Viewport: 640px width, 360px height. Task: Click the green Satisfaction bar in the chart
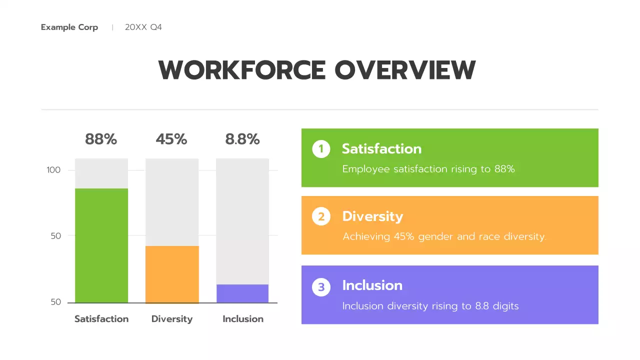click(101, 245)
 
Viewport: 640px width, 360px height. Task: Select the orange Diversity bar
click(172, 274)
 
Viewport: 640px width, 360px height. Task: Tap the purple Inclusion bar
click(242, 293)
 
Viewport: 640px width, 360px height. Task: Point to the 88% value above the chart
click(101, 139)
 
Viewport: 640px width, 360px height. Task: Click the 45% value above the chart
click(171, 139)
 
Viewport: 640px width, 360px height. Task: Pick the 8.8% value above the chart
click(242, 139)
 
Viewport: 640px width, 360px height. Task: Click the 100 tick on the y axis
click(53, 170)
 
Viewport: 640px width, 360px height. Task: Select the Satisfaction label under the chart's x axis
click(101, 319)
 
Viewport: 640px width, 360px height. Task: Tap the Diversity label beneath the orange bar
click(172, 319)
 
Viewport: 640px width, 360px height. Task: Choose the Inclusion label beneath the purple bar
click(243, 319)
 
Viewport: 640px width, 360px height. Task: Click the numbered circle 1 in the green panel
click(321, 149)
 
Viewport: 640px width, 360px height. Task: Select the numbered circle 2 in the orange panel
click(321, 216)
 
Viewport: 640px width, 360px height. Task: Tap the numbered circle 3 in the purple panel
click(321, 287)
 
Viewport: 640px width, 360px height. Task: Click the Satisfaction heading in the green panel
click(381, 149)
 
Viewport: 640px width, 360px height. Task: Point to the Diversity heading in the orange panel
click(372, 216)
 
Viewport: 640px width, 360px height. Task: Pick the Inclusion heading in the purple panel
click(372, 285)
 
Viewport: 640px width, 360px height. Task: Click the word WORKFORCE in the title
click(242, 70)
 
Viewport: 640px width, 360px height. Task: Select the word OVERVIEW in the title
click(405, 70)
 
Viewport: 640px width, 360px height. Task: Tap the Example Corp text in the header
click(69, 27)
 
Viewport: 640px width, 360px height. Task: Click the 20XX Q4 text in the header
click(143, 27)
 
